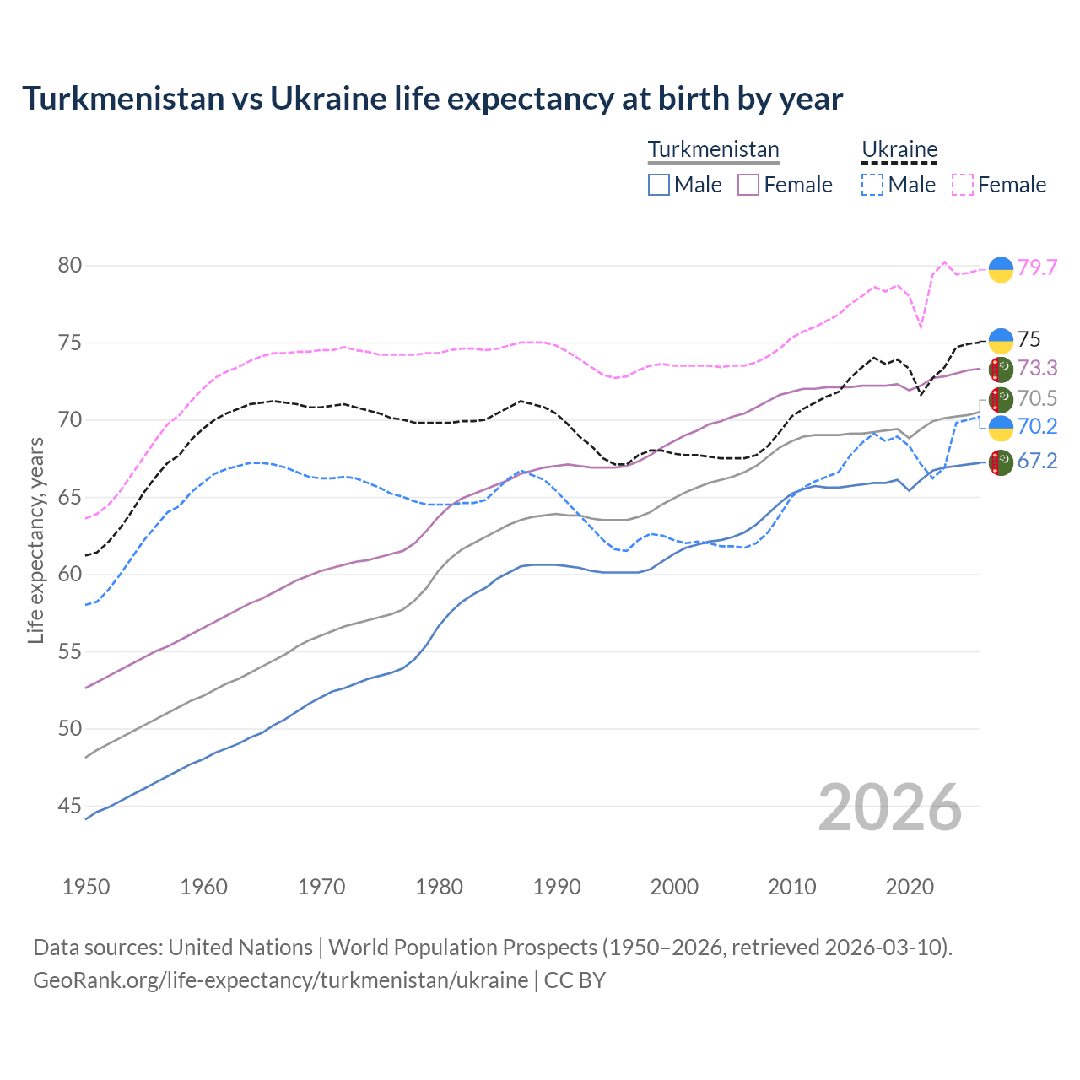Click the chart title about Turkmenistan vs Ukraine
(432, 99)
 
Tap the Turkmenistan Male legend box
(659, 185)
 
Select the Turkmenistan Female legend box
(748, 185)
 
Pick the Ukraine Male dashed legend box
(872, 185)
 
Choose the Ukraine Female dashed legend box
(963, 185)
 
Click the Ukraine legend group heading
(899, 149)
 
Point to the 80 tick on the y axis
(70, 266)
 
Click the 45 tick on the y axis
(70, 807)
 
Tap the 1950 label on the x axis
(86, 887)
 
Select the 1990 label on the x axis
(557, 887)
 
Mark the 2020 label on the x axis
(910, 887)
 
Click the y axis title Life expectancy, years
(36, 540)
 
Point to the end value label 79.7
(1037, 268)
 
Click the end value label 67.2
(1037, 461)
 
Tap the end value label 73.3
(1037, 368)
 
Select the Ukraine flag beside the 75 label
(1001, 340)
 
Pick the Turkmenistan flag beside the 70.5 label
(1001, 399)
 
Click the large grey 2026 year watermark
(890, 807)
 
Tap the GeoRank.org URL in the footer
(280, 980)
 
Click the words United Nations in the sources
(240, 948)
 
